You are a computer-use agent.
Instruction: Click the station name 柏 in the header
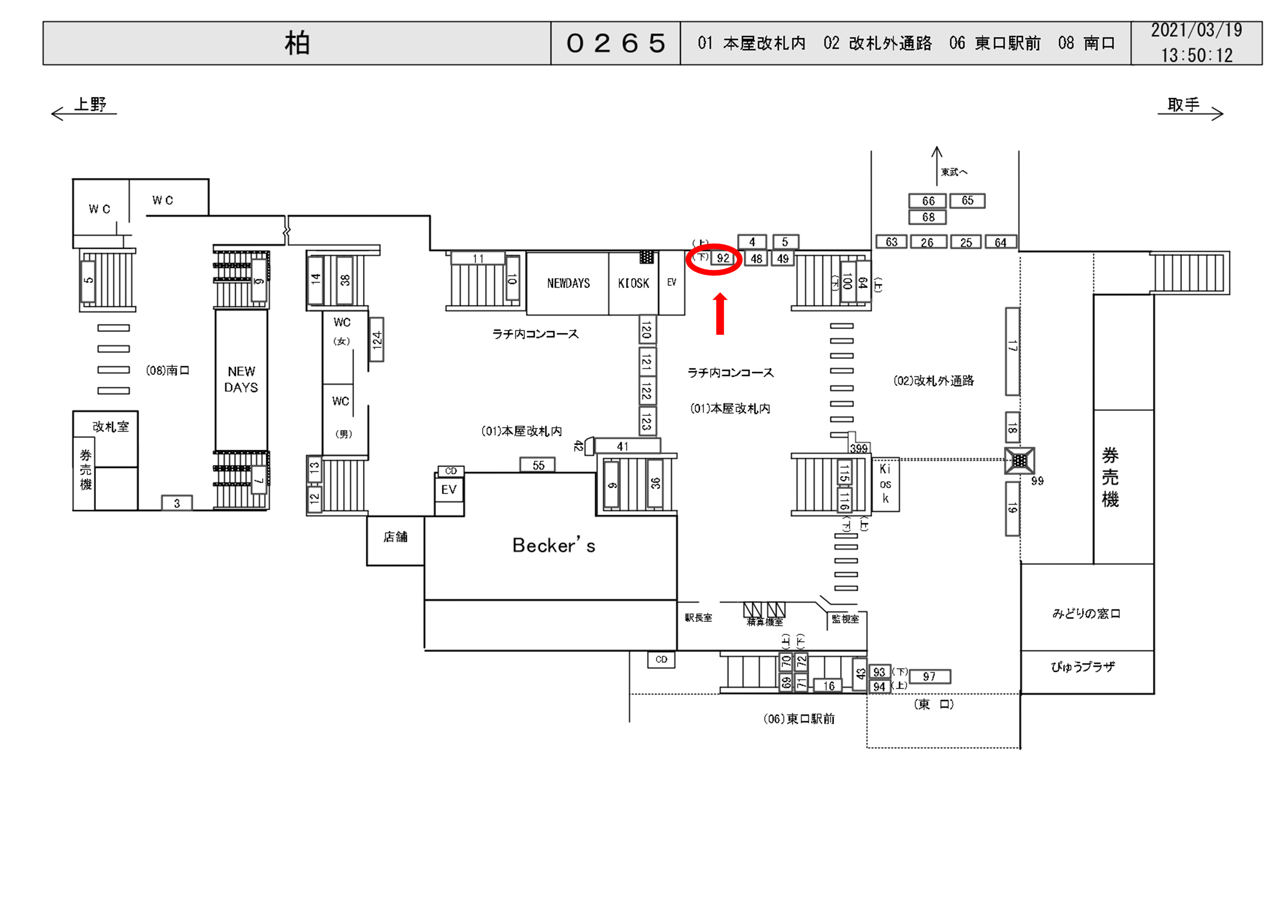click(x=297, y=43)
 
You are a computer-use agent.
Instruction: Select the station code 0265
click(x=616, y=43)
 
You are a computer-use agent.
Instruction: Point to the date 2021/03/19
click(x=1196, y=30)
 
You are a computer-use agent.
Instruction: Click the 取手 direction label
click(x=1183, y=105)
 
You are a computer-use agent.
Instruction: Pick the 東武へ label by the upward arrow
click(x=953, y=172)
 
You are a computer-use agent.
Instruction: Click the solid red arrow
click(x=720, y=314)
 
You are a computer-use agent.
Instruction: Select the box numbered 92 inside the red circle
click(x=723, y=258)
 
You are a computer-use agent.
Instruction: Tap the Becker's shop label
click(x=554, y=545)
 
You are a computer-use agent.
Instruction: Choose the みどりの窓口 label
click(x=1086, y=613)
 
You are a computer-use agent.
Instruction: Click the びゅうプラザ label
click(x=1083, y=666)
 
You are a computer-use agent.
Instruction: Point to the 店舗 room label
click(x=395, y=537)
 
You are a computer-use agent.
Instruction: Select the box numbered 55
click(x=538, y=465)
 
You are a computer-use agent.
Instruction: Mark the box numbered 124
click(x=377, y=339)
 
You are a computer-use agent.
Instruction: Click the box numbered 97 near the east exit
click(x=929, y=677)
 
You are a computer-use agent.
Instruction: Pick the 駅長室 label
click(x=698, y=617)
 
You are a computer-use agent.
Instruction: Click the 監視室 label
click(x=844, y=619)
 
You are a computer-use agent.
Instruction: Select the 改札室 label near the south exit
click(x=111, y=426)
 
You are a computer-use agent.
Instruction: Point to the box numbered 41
click(x=623, y=446)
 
